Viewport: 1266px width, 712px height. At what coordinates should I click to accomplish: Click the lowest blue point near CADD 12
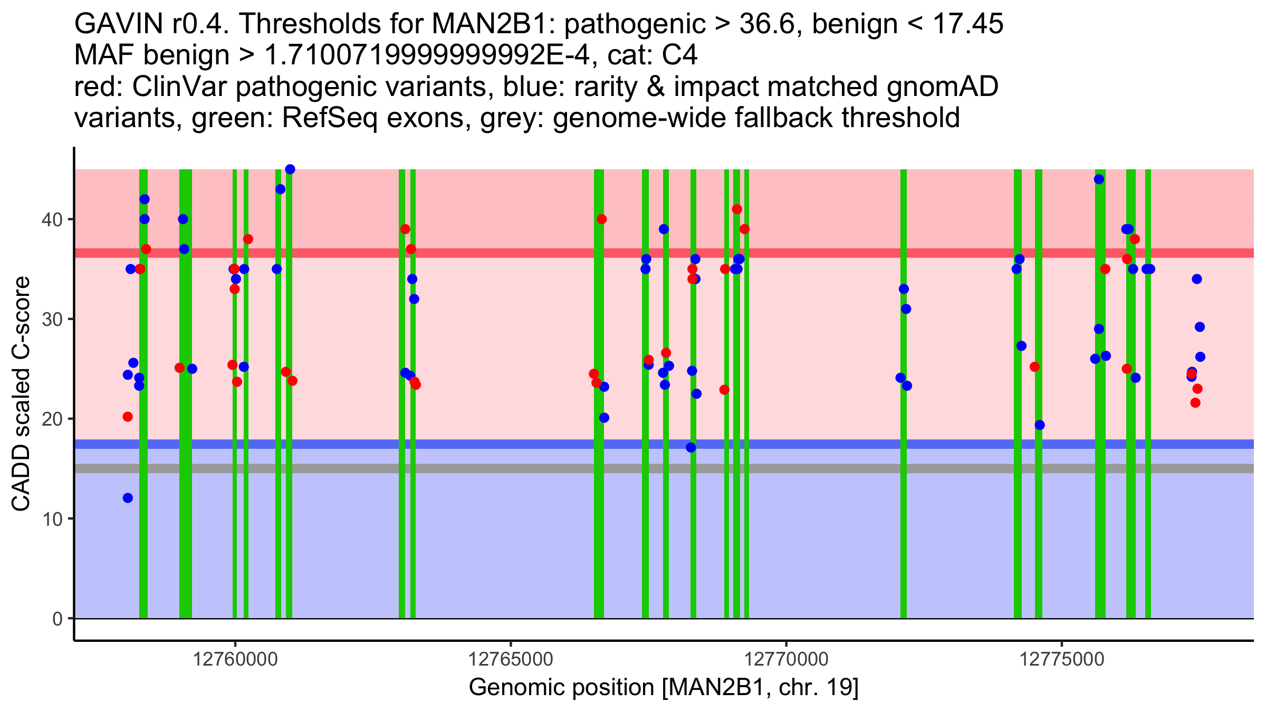(x=128, y=498)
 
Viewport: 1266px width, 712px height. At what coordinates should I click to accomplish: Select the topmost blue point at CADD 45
(x=290, y=169)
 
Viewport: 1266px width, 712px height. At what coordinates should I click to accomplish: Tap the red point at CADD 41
(x=737, y=209)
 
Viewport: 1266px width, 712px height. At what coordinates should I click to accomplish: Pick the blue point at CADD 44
(x=1099, y=179)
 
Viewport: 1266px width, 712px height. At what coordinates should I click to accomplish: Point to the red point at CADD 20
(x=128, y=417)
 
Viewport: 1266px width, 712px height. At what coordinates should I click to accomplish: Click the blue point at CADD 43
(x=281, y=189)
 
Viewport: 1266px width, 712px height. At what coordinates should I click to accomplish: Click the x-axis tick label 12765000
(x=511, y=660)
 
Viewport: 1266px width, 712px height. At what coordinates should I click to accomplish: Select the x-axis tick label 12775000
(x=1062, y=660)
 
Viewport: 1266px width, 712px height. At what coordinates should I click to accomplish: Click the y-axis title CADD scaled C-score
(x=21, y=394)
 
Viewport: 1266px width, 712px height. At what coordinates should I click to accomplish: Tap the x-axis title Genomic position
(x=663, y=688)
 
